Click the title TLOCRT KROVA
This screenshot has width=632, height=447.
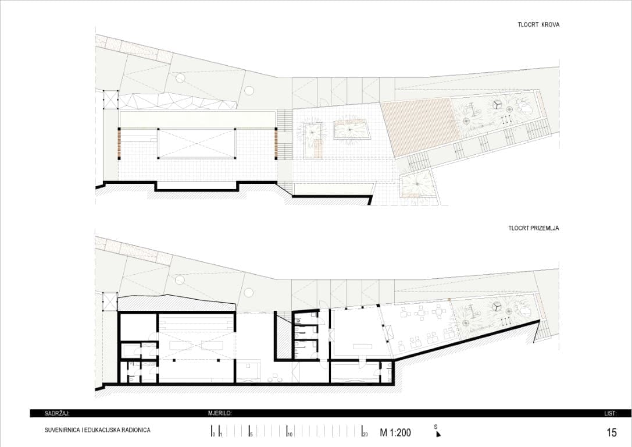tap(538, 24)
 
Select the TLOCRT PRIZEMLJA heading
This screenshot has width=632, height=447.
tap(534, 228)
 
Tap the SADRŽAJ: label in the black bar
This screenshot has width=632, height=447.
tap(57, 413)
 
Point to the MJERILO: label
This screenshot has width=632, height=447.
tap(220, 413)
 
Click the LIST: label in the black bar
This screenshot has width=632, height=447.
tap(610, 413)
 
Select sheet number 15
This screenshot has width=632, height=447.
tap(612, 432)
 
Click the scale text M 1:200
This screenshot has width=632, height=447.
tap(395, 433)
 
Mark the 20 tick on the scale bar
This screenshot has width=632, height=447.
tap(363, 432)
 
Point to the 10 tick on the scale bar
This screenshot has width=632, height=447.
tap(287, 432)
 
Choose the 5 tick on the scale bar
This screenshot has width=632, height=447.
tap(249, 432)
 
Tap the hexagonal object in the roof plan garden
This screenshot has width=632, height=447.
tap(497, 104)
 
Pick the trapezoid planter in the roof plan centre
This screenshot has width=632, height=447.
tap(350, 129)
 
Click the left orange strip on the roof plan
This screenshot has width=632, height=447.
tap(119, 144)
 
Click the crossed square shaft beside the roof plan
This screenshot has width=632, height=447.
tap(110, 100)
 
